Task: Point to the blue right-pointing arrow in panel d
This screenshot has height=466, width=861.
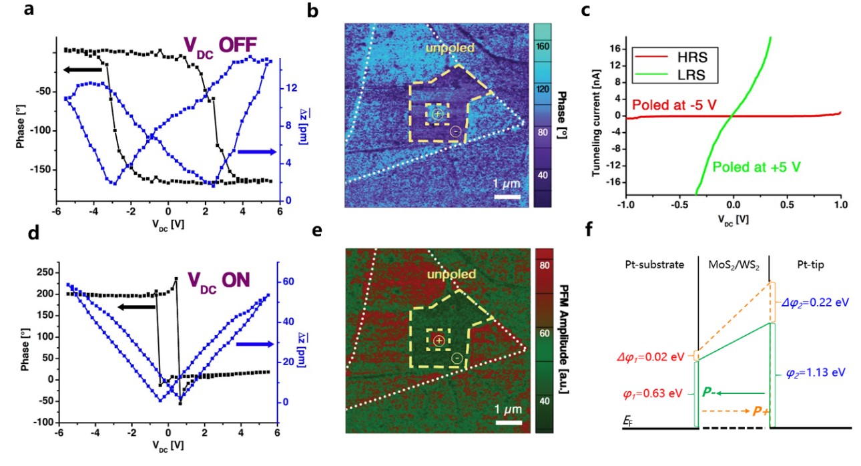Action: click(255, 344)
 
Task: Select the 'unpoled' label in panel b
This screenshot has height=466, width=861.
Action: click(452, 49)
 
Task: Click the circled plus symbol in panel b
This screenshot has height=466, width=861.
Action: click(437, 115)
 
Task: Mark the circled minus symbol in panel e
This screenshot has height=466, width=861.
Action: click(457, 359)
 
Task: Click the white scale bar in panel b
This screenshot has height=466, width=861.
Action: click(507, 197)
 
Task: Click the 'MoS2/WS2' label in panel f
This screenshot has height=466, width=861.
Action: click(735, 265)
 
